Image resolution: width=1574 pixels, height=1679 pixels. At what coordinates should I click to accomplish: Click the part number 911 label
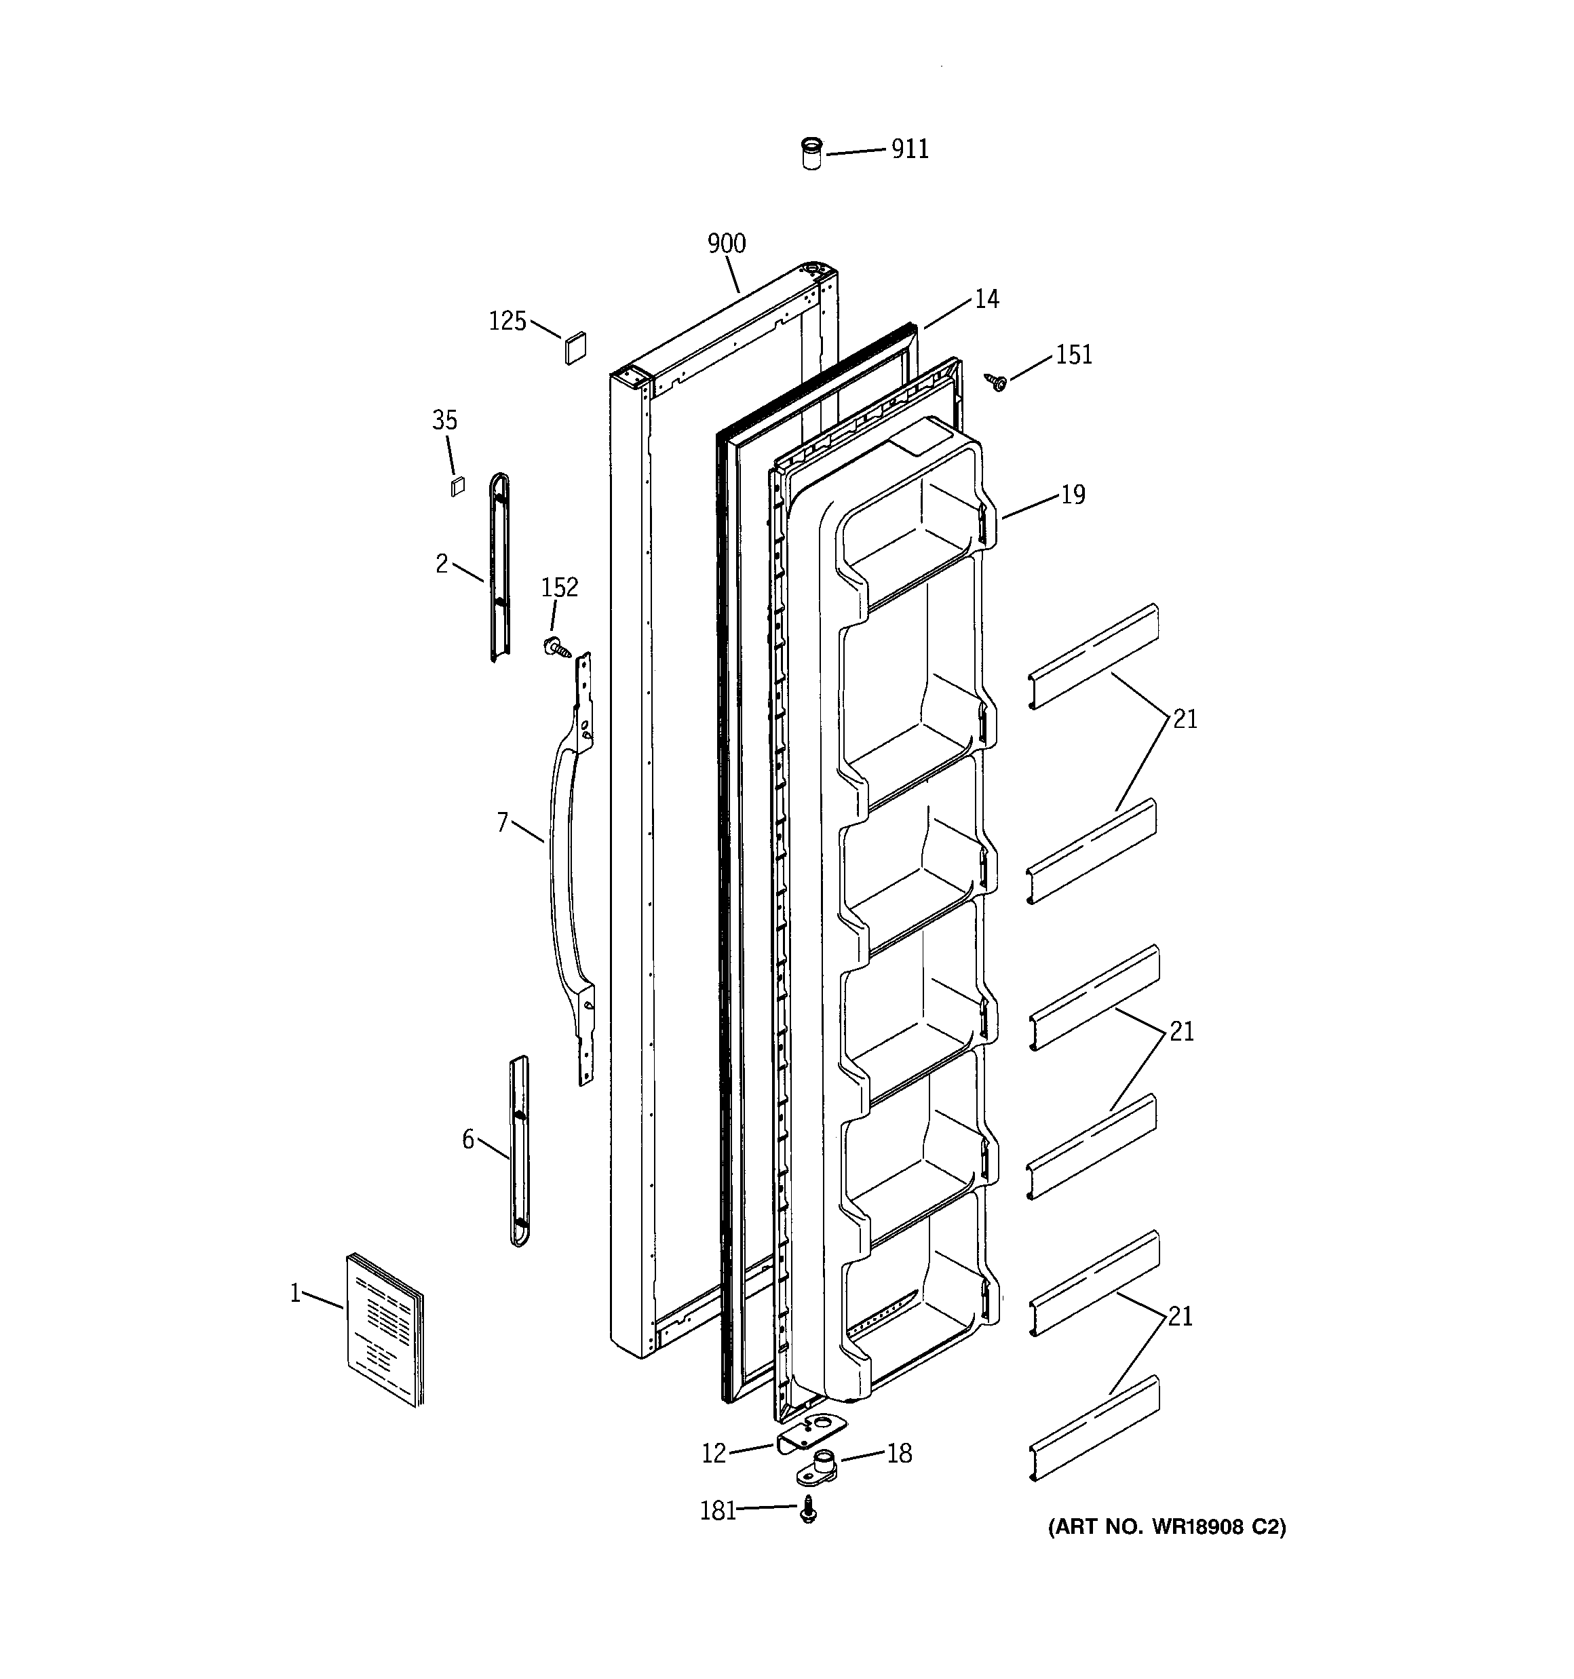coord(910,149)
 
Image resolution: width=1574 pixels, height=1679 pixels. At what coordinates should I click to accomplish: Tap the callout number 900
coord(727,244)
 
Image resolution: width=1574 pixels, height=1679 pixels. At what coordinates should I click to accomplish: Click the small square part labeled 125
coord(575,348)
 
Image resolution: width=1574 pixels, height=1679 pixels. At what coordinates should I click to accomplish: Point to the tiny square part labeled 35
coord(457,486)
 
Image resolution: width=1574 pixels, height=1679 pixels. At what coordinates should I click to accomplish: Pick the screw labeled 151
coord(997,383)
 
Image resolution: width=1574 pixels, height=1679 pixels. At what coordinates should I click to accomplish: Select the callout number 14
coord(986,299)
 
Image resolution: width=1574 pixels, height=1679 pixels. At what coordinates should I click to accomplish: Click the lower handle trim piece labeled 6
coord(519,1151)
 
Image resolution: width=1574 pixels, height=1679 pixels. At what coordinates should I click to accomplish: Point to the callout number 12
coord(714,1454)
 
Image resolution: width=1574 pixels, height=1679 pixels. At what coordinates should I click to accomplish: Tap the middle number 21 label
coord(1181,1032)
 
